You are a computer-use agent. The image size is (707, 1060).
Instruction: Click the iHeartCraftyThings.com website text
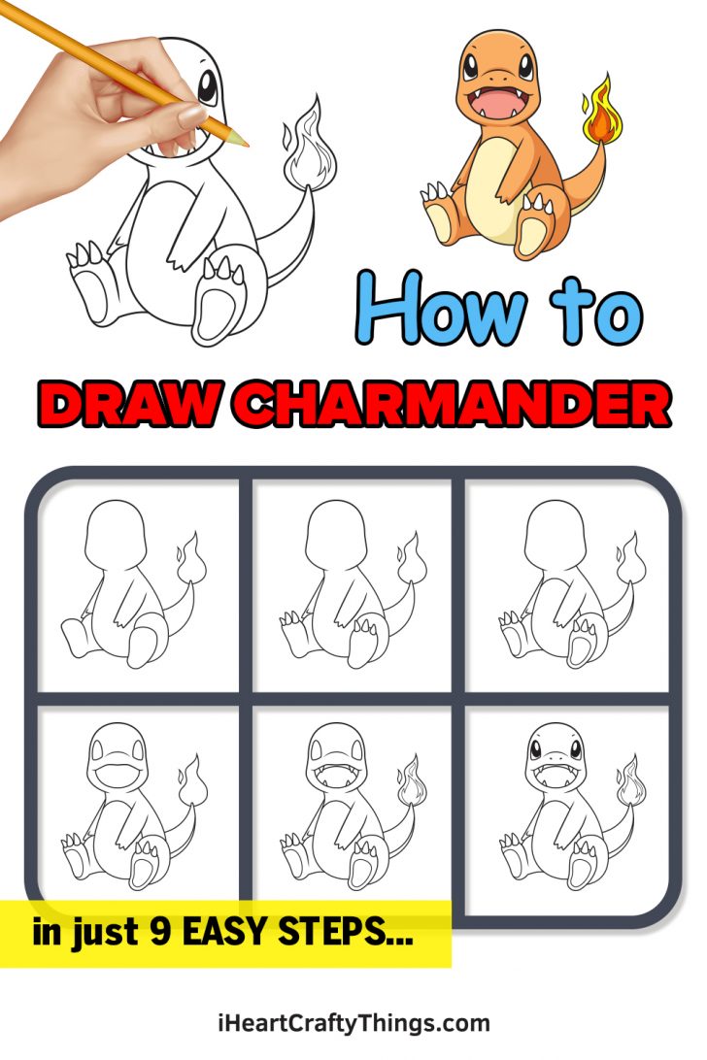[x=353, y=1022]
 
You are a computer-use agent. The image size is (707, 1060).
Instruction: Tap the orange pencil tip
[x=242, y=141]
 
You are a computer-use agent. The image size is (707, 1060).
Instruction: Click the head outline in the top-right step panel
[x=553, y=539]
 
